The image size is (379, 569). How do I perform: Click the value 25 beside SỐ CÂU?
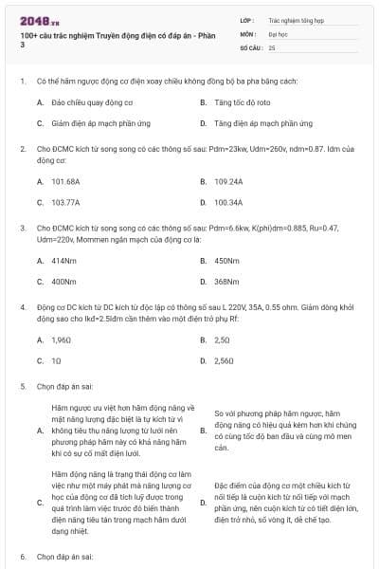pyautogui.click(x=272, y=46)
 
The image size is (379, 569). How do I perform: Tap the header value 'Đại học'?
pyautogui.click(x=278, y=32)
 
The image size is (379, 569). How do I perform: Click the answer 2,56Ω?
pyautogui.click(x=224, y=360)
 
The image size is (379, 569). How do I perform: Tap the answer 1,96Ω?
pyautogui.click(x=61, y=339)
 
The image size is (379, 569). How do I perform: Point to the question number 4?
pyautogui.click(x=23, y=307)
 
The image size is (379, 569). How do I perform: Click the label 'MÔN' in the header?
pyautogui.click(x=248, y=32)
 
